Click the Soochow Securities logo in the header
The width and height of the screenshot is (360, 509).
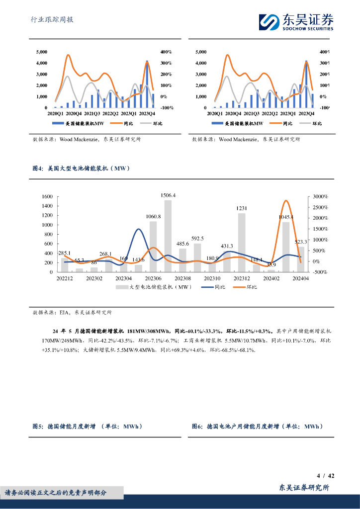[x=296, y=22]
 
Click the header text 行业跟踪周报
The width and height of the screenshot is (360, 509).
[x=52, y=20]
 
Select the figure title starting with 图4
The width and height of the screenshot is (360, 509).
[x=81, y=169]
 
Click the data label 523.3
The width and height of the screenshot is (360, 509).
[x=300, y=242]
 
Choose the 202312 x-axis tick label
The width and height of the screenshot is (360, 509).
[x=242, y=278]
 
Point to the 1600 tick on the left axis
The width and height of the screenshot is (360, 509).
[x=47, y=197]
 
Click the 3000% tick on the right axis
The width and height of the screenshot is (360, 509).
[x=320, y=197]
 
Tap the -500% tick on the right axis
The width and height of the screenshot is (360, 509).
[x=319, y=272]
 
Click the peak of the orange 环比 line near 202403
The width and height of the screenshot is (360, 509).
[x=286, y=201]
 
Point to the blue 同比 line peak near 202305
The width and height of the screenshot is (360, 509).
[x=139, y=229]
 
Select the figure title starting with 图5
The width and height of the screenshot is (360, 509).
[x=87, y=426]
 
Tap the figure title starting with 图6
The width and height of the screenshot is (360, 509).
[x=257, y=426]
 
